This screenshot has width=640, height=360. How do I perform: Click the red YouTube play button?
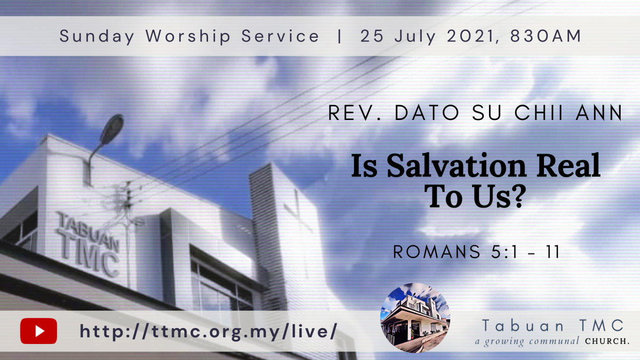tap(39, 331)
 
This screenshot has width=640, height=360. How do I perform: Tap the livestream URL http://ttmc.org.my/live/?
tap(208, 332)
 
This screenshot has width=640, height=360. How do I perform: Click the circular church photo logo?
tap(415, 318)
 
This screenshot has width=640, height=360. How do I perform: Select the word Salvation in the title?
tap(456, 166)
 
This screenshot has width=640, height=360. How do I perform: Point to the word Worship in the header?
tap(188, 36)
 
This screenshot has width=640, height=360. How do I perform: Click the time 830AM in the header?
tap(546, 36)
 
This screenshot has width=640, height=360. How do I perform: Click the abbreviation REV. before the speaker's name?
tap(354, 112)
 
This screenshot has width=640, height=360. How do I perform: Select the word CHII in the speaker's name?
tap(539, 112)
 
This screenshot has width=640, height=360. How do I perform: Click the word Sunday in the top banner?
tap(97, 36)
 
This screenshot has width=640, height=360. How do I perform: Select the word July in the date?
tap(416, 37)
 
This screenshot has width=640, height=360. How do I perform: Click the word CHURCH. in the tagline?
tap(607, 341)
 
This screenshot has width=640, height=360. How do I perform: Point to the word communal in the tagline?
tap(554, 341)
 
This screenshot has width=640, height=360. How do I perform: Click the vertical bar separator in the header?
tap(339, 36)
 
